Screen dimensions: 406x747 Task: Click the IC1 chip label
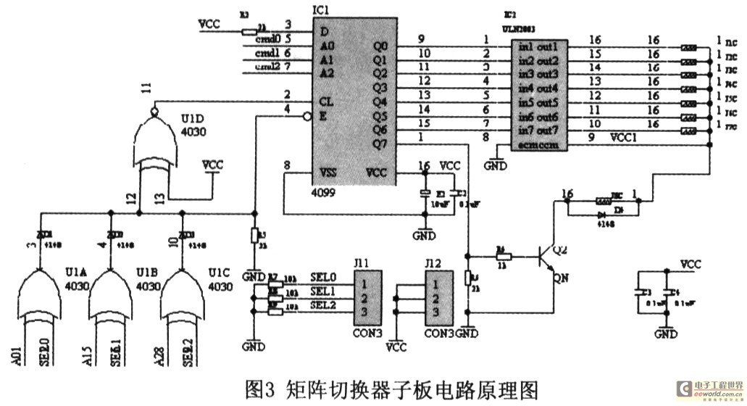pos(320,10)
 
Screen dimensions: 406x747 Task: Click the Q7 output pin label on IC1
pos(380,144)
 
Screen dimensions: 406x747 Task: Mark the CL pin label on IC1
pos(327,101)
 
